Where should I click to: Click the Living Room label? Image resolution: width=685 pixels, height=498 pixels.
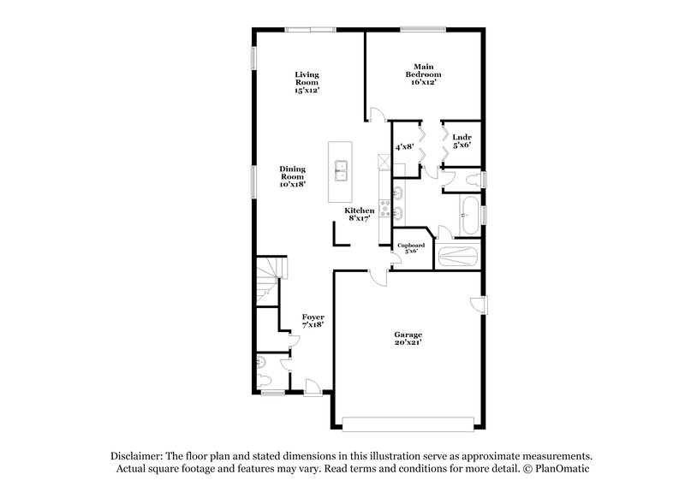tap(307, 82)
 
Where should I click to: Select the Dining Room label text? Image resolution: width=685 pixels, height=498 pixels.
tap(292, 176)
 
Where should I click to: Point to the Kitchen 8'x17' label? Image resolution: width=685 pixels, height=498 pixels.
tap(360, 215)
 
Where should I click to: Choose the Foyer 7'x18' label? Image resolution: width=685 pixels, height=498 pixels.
tap(313, 322)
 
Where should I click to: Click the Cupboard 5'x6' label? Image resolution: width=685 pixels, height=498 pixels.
tap(411, 248)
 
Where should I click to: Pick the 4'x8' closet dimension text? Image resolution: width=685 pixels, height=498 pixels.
tap(404, 147)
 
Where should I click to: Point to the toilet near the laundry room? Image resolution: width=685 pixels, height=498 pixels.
tap(470, 180)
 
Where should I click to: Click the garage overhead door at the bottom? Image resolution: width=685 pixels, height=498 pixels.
tap(408, 420)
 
